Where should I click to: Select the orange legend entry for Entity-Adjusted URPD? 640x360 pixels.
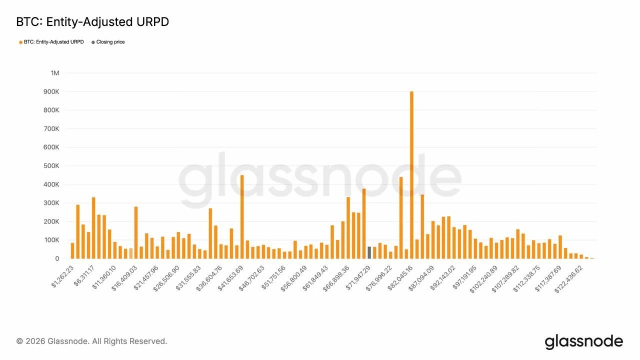pyautogui.click(x=51, y=42)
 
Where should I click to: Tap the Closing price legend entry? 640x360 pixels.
pyautogui.click(x=108, y=42)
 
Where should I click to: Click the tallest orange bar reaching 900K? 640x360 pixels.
pyautogui.click(x=411, y=175)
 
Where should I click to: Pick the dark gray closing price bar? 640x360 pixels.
pyautogui.click(x=369, y=252)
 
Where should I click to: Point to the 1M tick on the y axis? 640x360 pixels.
pyautogui.click(x=54, y=73)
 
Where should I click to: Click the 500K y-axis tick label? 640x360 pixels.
pyautogui.click(x=51, y=166)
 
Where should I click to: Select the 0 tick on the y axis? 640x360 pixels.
pyautogui.click(x=56, y=258)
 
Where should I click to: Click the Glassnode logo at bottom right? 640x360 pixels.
pyautogui.click(x=583, y=342)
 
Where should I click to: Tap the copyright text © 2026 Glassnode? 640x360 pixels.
pyautogui.click(x=91, y=341)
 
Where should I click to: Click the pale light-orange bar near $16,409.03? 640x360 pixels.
pyautogui.click(x=130, y=253)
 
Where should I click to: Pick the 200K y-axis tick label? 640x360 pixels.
pyautogui.click(x=51, y=221)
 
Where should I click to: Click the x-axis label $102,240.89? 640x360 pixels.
pyautogui.click(x=484, y=276)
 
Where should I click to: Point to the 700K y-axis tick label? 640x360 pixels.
pyautogui.click(x=51, y=128)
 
